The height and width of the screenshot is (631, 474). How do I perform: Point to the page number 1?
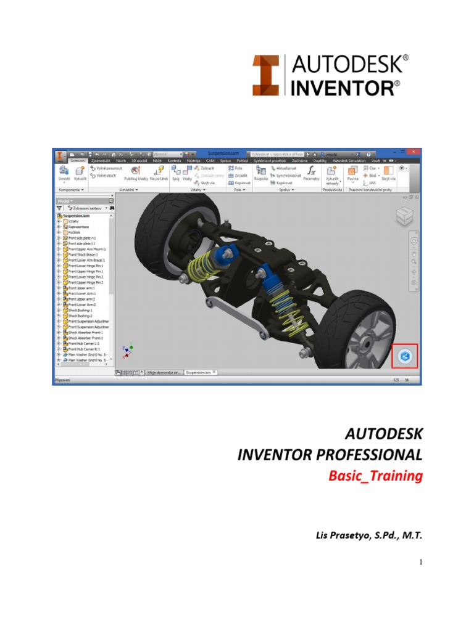click(420, 561)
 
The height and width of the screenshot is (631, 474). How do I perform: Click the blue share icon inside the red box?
click(405, 356)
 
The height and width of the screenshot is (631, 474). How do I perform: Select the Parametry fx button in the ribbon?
click(311, 173)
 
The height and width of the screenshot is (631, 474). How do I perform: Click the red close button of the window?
click(413, 152)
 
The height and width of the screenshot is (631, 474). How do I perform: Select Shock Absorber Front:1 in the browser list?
click(85, 332)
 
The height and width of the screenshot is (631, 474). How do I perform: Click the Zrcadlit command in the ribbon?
click(240, 176)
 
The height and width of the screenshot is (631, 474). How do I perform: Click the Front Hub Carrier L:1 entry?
click(85, 343)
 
